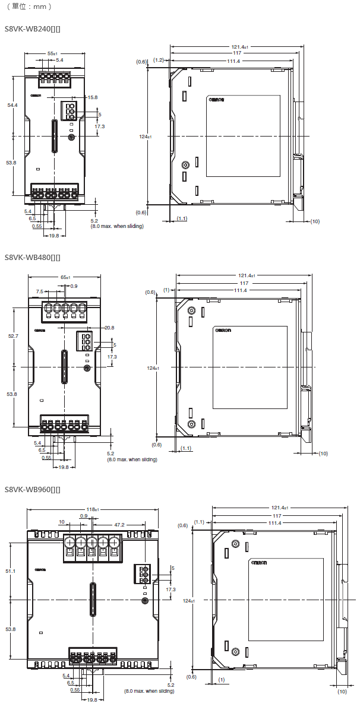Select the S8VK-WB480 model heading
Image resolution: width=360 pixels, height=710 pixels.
(x=32, y=258)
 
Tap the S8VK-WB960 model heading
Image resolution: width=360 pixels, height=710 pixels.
(x=32, y=490)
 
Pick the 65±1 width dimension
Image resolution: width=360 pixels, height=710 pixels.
(x=65, y=277)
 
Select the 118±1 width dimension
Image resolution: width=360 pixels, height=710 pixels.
(x=92, y=509)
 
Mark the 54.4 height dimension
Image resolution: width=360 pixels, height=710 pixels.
(x=12, y=105)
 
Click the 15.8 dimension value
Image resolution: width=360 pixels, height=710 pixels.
(x=92, y=97)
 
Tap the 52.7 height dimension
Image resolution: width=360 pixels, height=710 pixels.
(x=12, y=336)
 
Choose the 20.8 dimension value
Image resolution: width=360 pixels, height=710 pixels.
(x=109, y=328)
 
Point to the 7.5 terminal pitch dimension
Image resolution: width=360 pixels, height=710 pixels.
(x=39, y=292)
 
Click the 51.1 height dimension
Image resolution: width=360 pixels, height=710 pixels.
(x=10, y=571)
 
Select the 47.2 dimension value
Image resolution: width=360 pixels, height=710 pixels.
(x=119, y=525)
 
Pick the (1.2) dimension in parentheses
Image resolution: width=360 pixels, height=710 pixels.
(x=159, y=61)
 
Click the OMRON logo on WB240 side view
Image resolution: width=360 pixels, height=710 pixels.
(x=216, y=100)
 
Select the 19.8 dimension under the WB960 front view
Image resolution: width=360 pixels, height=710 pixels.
(x=92, y=701)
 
